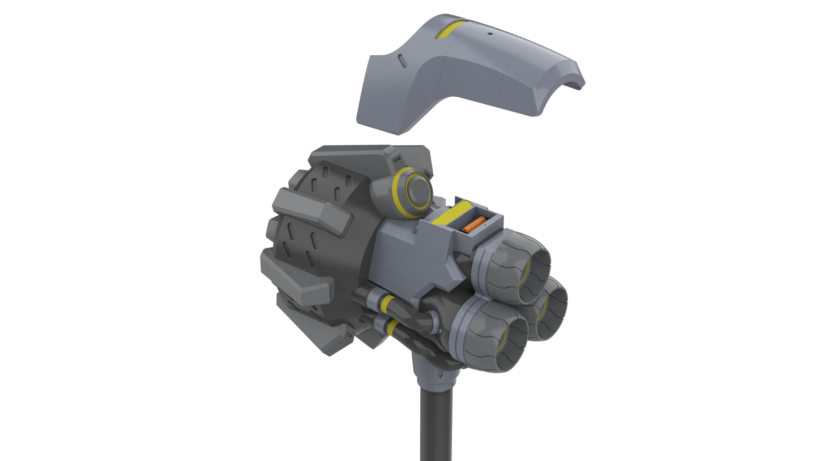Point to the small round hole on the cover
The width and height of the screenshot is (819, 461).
[490, 34]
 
